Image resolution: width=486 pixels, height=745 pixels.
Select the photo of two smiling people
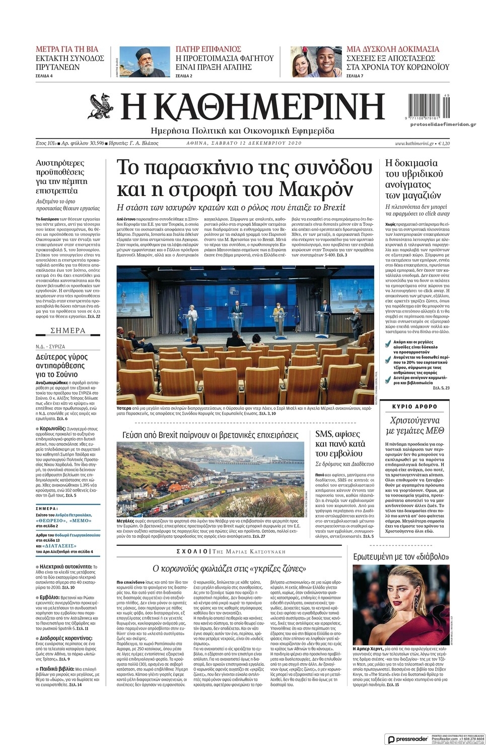point(316,61)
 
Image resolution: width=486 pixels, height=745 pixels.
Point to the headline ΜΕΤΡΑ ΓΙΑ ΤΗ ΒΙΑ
point(67,49)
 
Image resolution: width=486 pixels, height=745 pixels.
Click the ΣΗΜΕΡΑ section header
point(68,331)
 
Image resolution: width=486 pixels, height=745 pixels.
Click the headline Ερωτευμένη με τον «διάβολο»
point(401,557)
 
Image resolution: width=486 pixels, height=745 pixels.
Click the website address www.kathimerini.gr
point(414,144)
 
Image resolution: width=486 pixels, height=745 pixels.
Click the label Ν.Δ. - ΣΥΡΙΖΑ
point(50,347)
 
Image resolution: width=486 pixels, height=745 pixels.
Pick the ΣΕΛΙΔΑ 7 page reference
point(355,76)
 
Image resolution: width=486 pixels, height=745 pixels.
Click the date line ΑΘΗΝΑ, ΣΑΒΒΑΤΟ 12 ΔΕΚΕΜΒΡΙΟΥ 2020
point(244,143)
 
